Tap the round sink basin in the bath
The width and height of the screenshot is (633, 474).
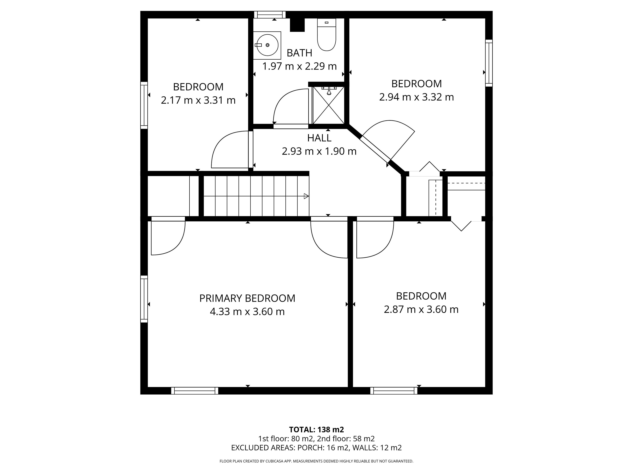click(x=267, y=45)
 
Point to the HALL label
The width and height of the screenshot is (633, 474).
click(x=319, y=138)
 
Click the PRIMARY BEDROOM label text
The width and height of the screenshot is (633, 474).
click(x=247, y=298)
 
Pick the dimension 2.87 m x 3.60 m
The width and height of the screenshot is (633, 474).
click(x=421, y=309)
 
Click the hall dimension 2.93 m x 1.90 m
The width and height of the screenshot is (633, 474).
click(x=319, y=151)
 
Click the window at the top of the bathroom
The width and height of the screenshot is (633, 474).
click(x=270, y=15)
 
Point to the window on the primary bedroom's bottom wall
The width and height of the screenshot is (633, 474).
click(x=195, y=391)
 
